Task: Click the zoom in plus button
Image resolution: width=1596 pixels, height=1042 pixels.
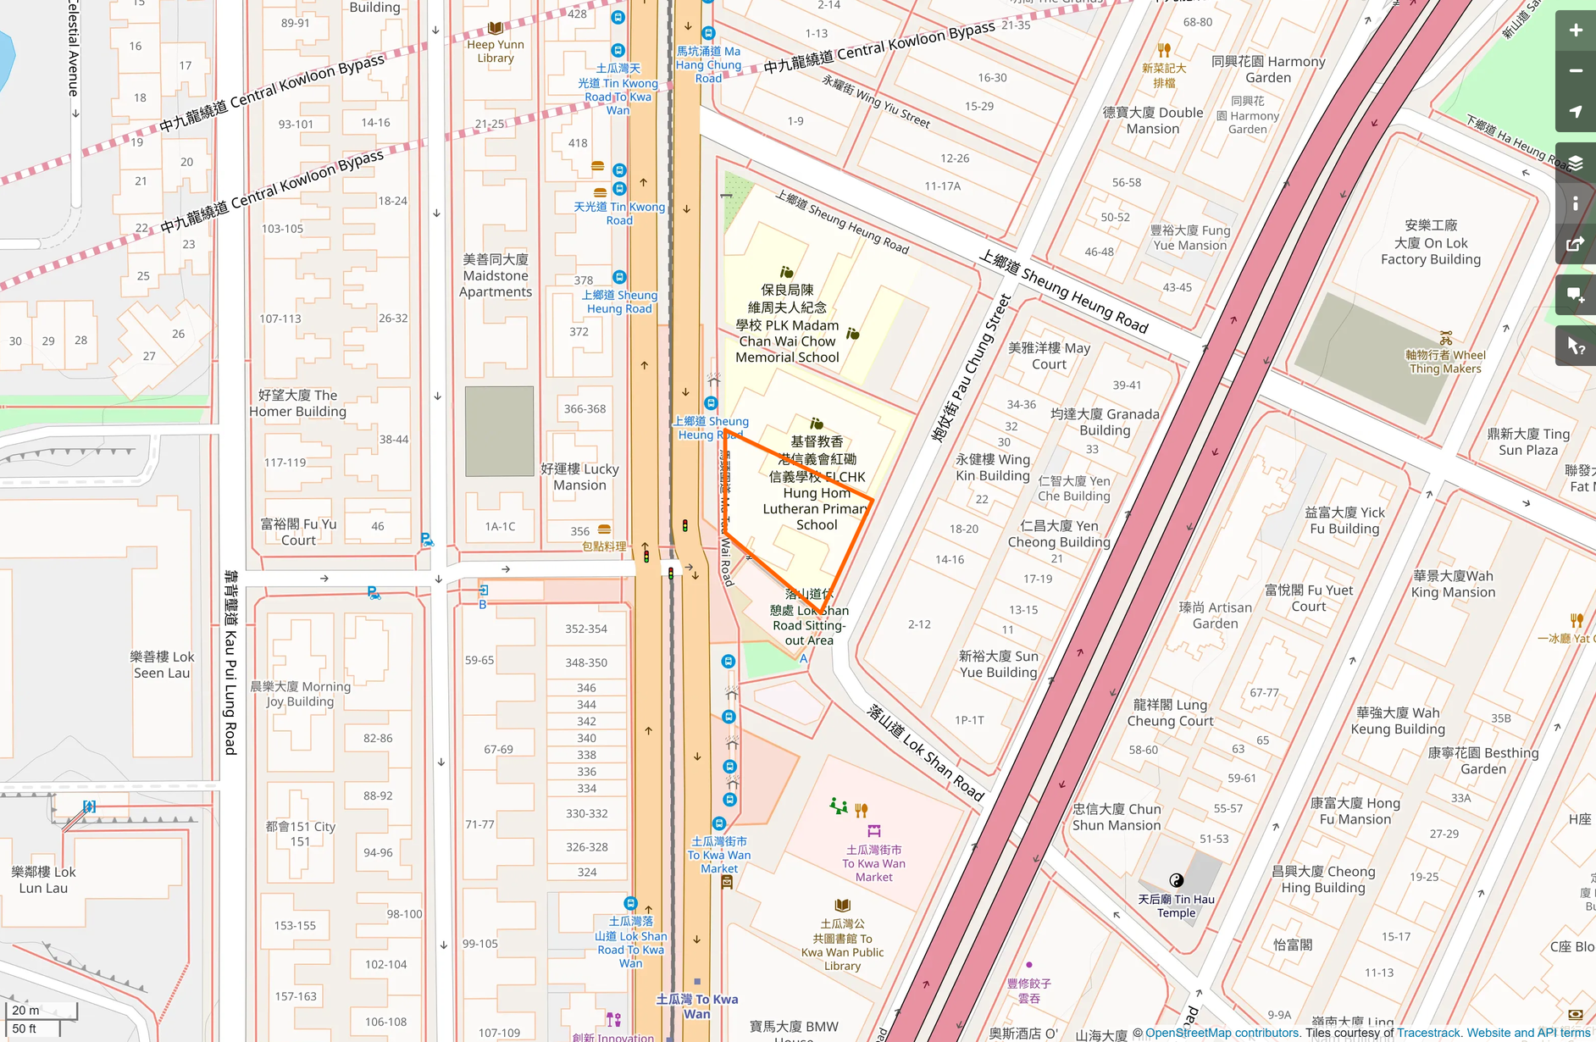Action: [x=1575, y=30]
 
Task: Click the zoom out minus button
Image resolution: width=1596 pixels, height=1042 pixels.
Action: [x=1575, y=71]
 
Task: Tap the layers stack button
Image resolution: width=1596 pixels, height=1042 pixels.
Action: [x=1575, y=163]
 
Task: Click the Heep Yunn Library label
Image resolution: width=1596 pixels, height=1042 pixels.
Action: [x=496, y=51]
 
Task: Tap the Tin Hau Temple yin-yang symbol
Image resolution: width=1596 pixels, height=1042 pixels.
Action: [x=1176, y=880]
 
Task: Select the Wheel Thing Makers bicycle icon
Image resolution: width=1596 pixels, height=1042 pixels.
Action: [x=1445, y=339]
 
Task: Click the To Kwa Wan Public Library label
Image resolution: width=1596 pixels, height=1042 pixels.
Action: [x=842, y=945]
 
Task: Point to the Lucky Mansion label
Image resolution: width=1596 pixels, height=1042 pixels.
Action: [x=579, y=477]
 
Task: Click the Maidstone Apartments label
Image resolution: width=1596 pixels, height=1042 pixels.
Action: [x=496, y=275]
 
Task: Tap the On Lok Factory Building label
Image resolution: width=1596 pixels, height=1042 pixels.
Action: [x=1430, y=242]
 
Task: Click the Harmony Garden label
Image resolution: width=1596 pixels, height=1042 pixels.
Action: [x=1268, y=69]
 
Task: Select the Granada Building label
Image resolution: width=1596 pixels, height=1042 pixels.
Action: [x=1105, y=422]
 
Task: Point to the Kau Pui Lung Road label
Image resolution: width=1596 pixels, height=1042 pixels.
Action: [x=230, y=662]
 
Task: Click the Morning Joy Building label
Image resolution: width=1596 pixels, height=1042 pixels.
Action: [x=300, y=694]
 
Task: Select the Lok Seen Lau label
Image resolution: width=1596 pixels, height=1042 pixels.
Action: [x=162, y=665]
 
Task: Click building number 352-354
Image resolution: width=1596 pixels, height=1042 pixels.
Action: [x=586, y=629]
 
